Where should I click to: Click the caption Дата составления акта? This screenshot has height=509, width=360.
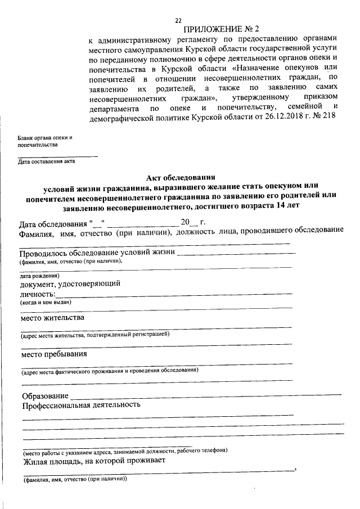coord(46,161)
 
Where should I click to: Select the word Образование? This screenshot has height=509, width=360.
coord(46,396)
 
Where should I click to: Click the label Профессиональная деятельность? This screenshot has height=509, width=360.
coord(80,405)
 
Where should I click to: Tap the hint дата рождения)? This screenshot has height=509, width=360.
coord(39,276)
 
